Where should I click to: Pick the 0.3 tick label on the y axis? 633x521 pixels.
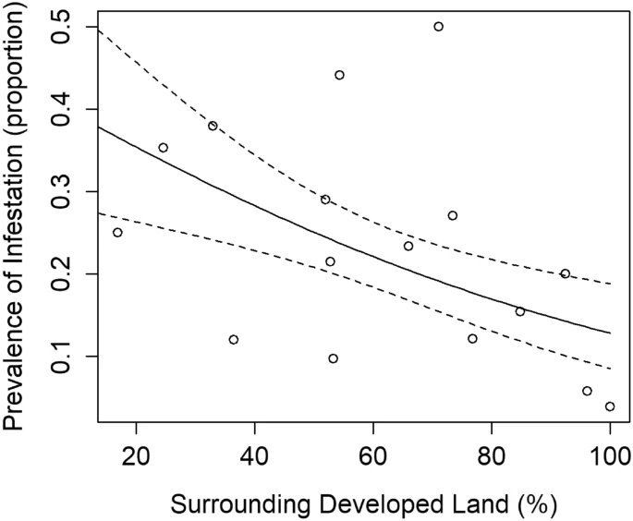tap(63, 191)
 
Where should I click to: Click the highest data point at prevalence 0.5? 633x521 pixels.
tap(438, 26)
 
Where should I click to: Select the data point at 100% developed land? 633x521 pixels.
tap(610, 406)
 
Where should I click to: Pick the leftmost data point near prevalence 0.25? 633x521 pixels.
tap(117, 232)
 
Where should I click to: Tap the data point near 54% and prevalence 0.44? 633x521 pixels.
tap(339, 75)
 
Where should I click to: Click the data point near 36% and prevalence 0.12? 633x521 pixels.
tap(234, 339)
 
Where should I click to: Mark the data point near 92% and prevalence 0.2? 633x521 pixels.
tap(565, 273)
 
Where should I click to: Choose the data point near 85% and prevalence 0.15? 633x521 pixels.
tap(519, 311)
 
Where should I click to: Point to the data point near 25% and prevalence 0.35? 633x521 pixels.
tap(163, 148)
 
